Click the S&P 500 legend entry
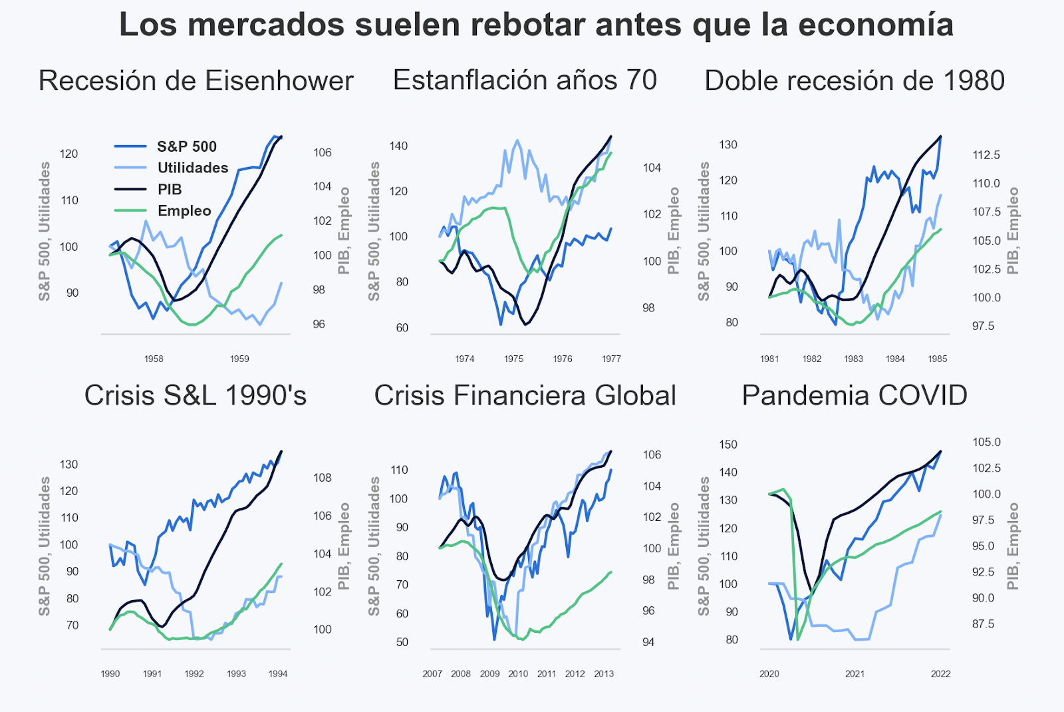(186, 146)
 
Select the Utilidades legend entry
(192, 168)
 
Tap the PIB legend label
(170, 190)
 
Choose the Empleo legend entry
(184, 211)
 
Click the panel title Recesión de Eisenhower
(196, 81)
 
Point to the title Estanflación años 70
(525, 81)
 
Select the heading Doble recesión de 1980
(855, 81)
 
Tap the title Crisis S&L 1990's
(196, 396)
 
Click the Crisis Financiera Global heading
(525, 396)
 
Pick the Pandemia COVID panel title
(855, 396)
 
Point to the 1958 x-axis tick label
(154, 359)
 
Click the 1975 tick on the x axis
(513, 359)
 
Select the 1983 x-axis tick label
(854, 359)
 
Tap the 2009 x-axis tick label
(489, 673)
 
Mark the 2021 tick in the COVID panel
(855, 673)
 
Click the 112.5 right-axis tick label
(986, 155)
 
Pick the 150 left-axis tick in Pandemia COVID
(728, 445)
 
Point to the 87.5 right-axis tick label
(983, 624)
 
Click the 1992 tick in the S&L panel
(194, 673)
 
